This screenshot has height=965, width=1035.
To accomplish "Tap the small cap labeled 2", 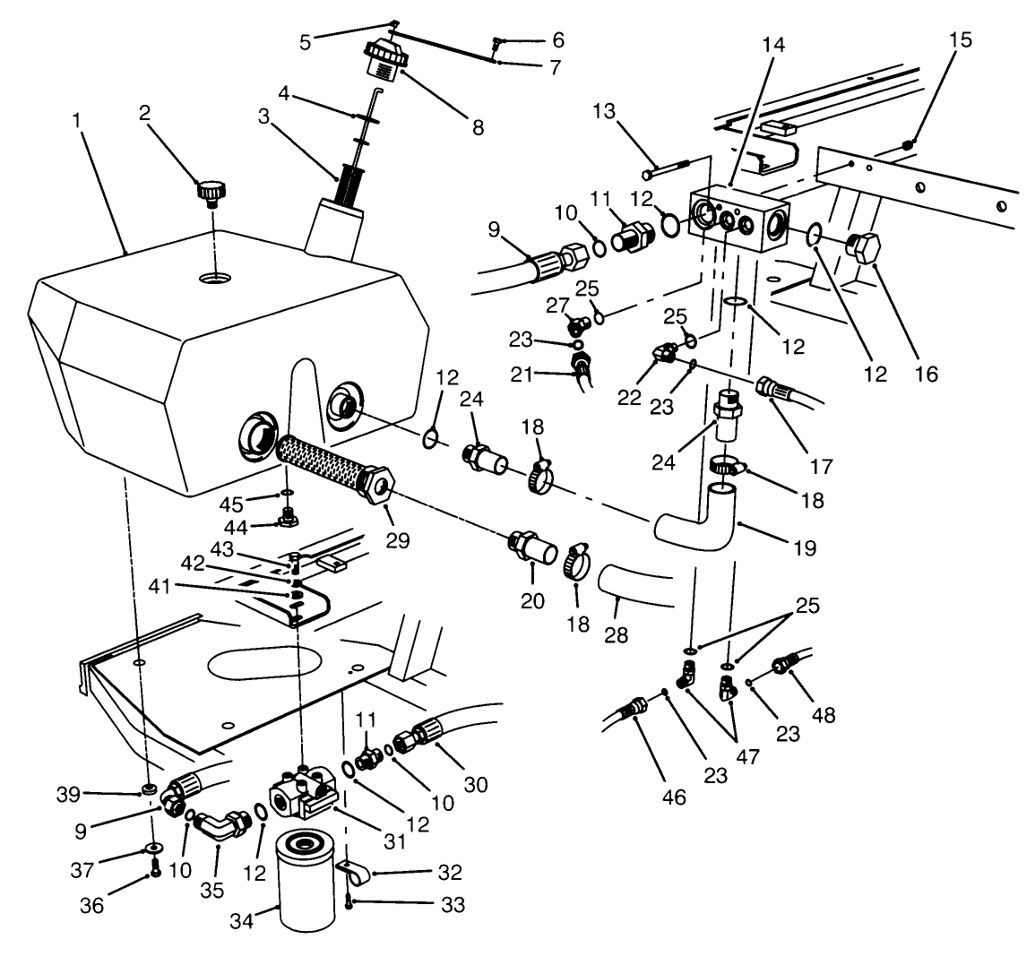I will (x=211, y=192).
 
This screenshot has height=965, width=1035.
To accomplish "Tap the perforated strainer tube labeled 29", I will (x=335, y=465).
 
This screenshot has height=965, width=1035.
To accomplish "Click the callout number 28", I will (x=617, y=634).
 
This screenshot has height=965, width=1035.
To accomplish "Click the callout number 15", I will (x=959, y=41).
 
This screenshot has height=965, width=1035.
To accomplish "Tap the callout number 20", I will (x=532, y=601).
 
